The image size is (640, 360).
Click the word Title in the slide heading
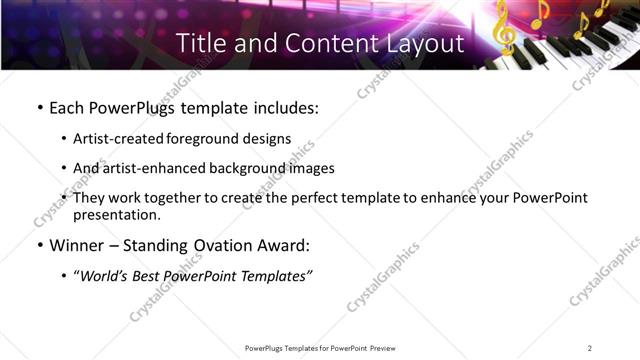point(201,43)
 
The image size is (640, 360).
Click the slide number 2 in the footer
point(590,348)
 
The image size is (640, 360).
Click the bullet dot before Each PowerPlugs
point(39,107)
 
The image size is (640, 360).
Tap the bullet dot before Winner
point(39,245)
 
